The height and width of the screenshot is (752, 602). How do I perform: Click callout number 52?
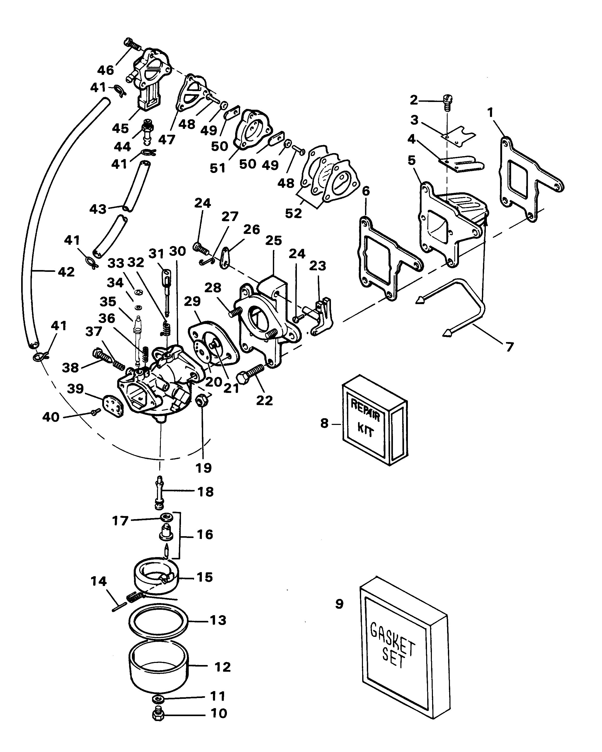[x=293, y=213]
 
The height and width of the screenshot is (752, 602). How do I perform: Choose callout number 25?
[x=273, y=241]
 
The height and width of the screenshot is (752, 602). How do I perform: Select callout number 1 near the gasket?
[x=490, y=113]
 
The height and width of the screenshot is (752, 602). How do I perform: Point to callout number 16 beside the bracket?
[x=205, y=534]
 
